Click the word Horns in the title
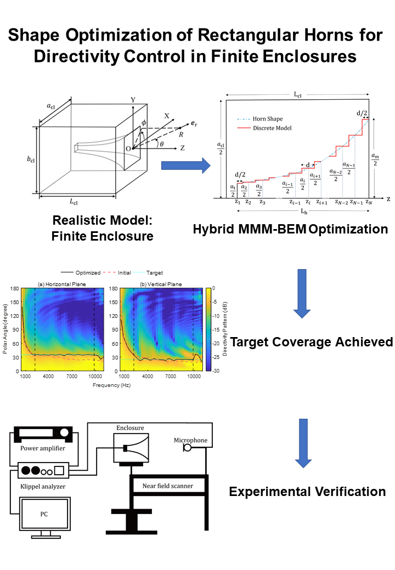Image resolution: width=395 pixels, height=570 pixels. (329, 35)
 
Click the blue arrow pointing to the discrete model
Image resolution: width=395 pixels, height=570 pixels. (186, 166)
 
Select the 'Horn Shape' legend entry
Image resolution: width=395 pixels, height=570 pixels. (259, 119)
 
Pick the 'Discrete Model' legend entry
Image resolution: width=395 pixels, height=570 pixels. (264, 128)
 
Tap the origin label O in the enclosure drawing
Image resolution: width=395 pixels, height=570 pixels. (128, 149)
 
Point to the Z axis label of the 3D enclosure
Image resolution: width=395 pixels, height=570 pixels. (182, 148)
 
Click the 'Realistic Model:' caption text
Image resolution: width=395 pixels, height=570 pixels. (102, 220)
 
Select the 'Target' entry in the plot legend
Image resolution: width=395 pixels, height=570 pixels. (148, 272)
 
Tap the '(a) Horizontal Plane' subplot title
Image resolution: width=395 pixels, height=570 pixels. (62, 284)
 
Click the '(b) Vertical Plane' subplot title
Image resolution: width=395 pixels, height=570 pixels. (161, 284)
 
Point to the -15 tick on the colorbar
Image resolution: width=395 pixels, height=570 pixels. (215, 330)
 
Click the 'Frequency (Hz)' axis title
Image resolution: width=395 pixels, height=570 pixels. (111, 385)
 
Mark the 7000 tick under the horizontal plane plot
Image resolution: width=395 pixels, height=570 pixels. (72, 376)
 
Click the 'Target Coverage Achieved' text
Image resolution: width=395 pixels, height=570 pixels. (312, 342)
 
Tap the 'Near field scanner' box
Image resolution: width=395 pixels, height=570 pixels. (168, 486)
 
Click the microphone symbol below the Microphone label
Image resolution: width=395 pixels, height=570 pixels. (187, 447)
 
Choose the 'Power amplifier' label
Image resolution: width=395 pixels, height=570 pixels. (43, 448)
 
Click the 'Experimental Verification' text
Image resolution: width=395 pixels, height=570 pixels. (307, 492)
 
